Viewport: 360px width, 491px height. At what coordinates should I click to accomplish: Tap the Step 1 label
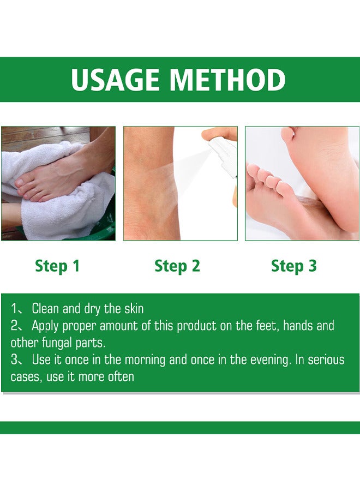point(57,266)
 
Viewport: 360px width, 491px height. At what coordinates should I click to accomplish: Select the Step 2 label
point(177,266)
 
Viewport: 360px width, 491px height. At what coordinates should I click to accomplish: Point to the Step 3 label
point(294,266)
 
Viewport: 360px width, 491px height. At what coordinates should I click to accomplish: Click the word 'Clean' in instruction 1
point(46,309)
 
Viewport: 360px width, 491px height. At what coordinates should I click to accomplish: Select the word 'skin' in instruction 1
point(134,309)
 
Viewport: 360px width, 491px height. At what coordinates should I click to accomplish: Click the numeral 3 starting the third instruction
point(14,360)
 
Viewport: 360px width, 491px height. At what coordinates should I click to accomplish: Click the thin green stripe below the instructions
point(180,427)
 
